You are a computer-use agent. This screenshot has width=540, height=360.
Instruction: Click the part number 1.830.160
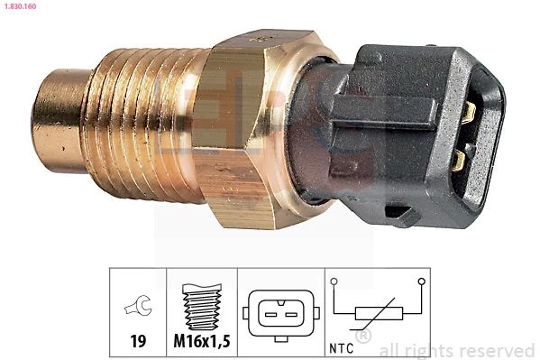[x=20, y=6]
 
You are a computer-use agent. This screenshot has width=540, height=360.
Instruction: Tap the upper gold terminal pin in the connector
[x=469, y=113]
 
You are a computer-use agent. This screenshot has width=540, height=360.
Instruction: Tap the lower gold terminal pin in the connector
[x=459, y=161]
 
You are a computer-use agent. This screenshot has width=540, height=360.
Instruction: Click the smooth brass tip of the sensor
[x=59, y=121]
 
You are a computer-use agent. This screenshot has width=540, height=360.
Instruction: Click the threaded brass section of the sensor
[x=144, y=125]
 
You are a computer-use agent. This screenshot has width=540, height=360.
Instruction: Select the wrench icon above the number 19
[x=138, y=306]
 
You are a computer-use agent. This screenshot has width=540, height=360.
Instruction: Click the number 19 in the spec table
[x=138, y=341]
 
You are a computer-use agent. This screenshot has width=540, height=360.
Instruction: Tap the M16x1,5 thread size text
[x=202, y=341]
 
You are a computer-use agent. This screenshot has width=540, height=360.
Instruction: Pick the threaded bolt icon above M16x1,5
[x=202, y=307]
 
